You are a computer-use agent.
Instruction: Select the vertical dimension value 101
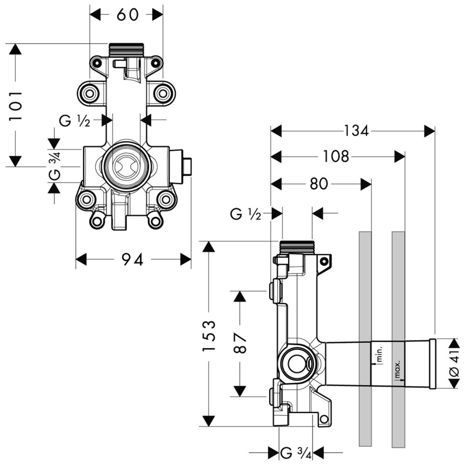click(x=17, y=106)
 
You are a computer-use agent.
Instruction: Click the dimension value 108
click(x=336, y=157)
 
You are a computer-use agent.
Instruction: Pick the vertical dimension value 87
click(x=240, y=343)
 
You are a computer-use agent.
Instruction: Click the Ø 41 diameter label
click(x=454, y=363)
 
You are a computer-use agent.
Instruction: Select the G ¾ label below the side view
click(x=296, y=452)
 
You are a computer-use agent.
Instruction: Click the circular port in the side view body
click(x=295, y=364)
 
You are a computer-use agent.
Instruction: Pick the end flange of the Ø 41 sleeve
click(x=433, y=364)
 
